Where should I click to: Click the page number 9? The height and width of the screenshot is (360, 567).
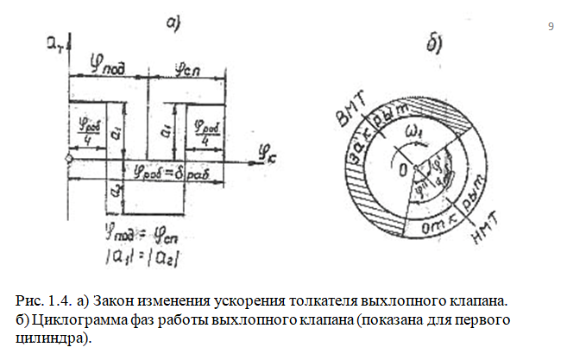click(x=551, y=28)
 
